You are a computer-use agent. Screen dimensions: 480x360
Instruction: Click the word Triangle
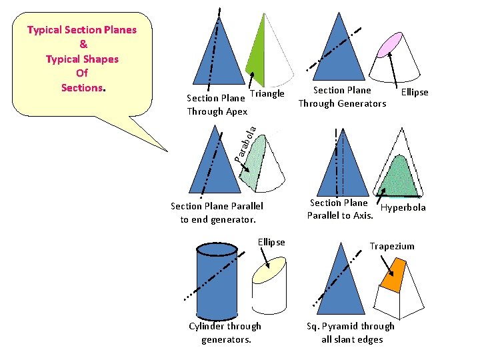point(267,93)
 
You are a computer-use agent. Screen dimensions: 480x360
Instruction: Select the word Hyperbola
point(403,207)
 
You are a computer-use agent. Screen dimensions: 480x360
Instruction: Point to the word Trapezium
point(392,246)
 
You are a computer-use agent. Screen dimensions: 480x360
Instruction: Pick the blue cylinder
point(216,280)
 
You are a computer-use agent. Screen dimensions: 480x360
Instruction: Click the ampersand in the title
point(82,44)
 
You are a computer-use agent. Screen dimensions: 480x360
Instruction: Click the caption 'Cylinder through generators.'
point(225,333)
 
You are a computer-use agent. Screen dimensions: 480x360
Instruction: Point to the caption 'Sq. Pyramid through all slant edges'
point(350,333)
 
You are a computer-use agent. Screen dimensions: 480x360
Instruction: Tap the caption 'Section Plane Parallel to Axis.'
point(339,209)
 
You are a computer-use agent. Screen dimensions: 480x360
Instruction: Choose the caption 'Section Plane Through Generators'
point(342,97)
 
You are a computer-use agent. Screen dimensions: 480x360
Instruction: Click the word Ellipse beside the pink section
point(415,92)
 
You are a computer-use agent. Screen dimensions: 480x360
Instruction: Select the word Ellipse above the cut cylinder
point(271,242)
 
